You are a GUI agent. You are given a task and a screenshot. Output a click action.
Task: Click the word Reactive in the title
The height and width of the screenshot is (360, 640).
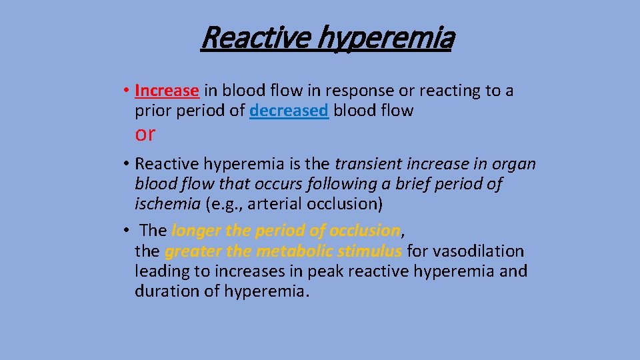click(x=255, y=38)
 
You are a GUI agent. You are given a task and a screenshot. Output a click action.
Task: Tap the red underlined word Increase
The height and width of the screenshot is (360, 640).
click(x=167, y=90)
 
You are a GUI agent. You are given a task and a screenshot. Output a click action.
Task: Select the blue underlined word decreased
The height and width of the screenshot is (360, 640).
click(x=289, y=111)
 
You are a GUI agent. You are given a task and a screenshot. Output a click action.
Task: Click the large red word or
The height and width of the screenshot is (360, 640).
click(x=145, y=134)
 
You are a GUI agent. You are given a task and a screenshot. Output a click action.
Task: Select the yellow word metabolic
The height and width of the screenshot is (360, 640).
click(x=294, y=251)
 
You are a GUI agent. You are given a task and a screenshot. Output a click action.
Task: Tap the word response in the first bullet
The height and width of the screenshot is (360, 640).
click(x=345, y=90)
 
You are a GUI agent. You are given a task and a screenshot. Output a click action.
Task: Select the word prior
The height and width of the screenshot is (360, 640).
click(x=153, y=111)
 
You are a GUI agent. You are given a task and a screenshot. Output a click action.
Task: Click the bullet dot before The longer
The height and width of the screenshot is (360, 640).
click(x=125, y=231)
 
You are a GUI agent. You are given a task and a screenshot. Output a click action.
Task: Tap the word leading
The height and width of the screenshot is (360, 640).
click(x=161, y=271)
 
